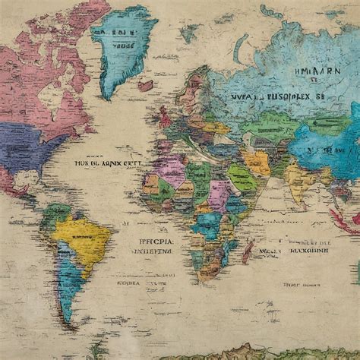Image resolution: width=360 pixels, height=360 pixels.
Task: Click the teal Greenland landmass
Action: tap(122, 46)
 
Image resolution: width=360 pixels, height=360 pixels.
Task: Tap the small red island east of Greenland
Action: tap(145, 86)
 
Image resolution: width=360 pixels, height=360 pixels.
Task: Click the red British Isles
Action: tap(164, 118)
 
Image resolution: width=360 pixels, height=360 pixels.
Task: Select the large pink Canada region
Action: tap(46, 84)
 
